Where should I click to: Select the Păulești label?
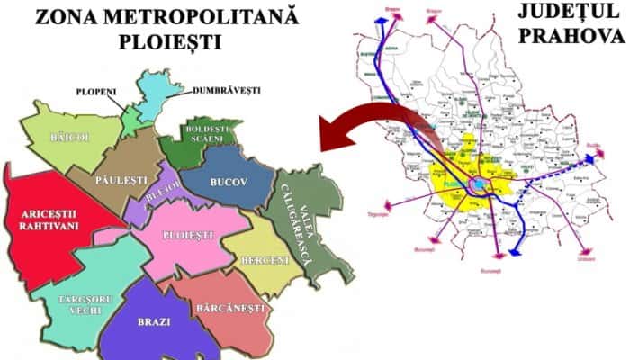point(123,180)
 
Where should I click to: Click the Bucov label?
point(228,182)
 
